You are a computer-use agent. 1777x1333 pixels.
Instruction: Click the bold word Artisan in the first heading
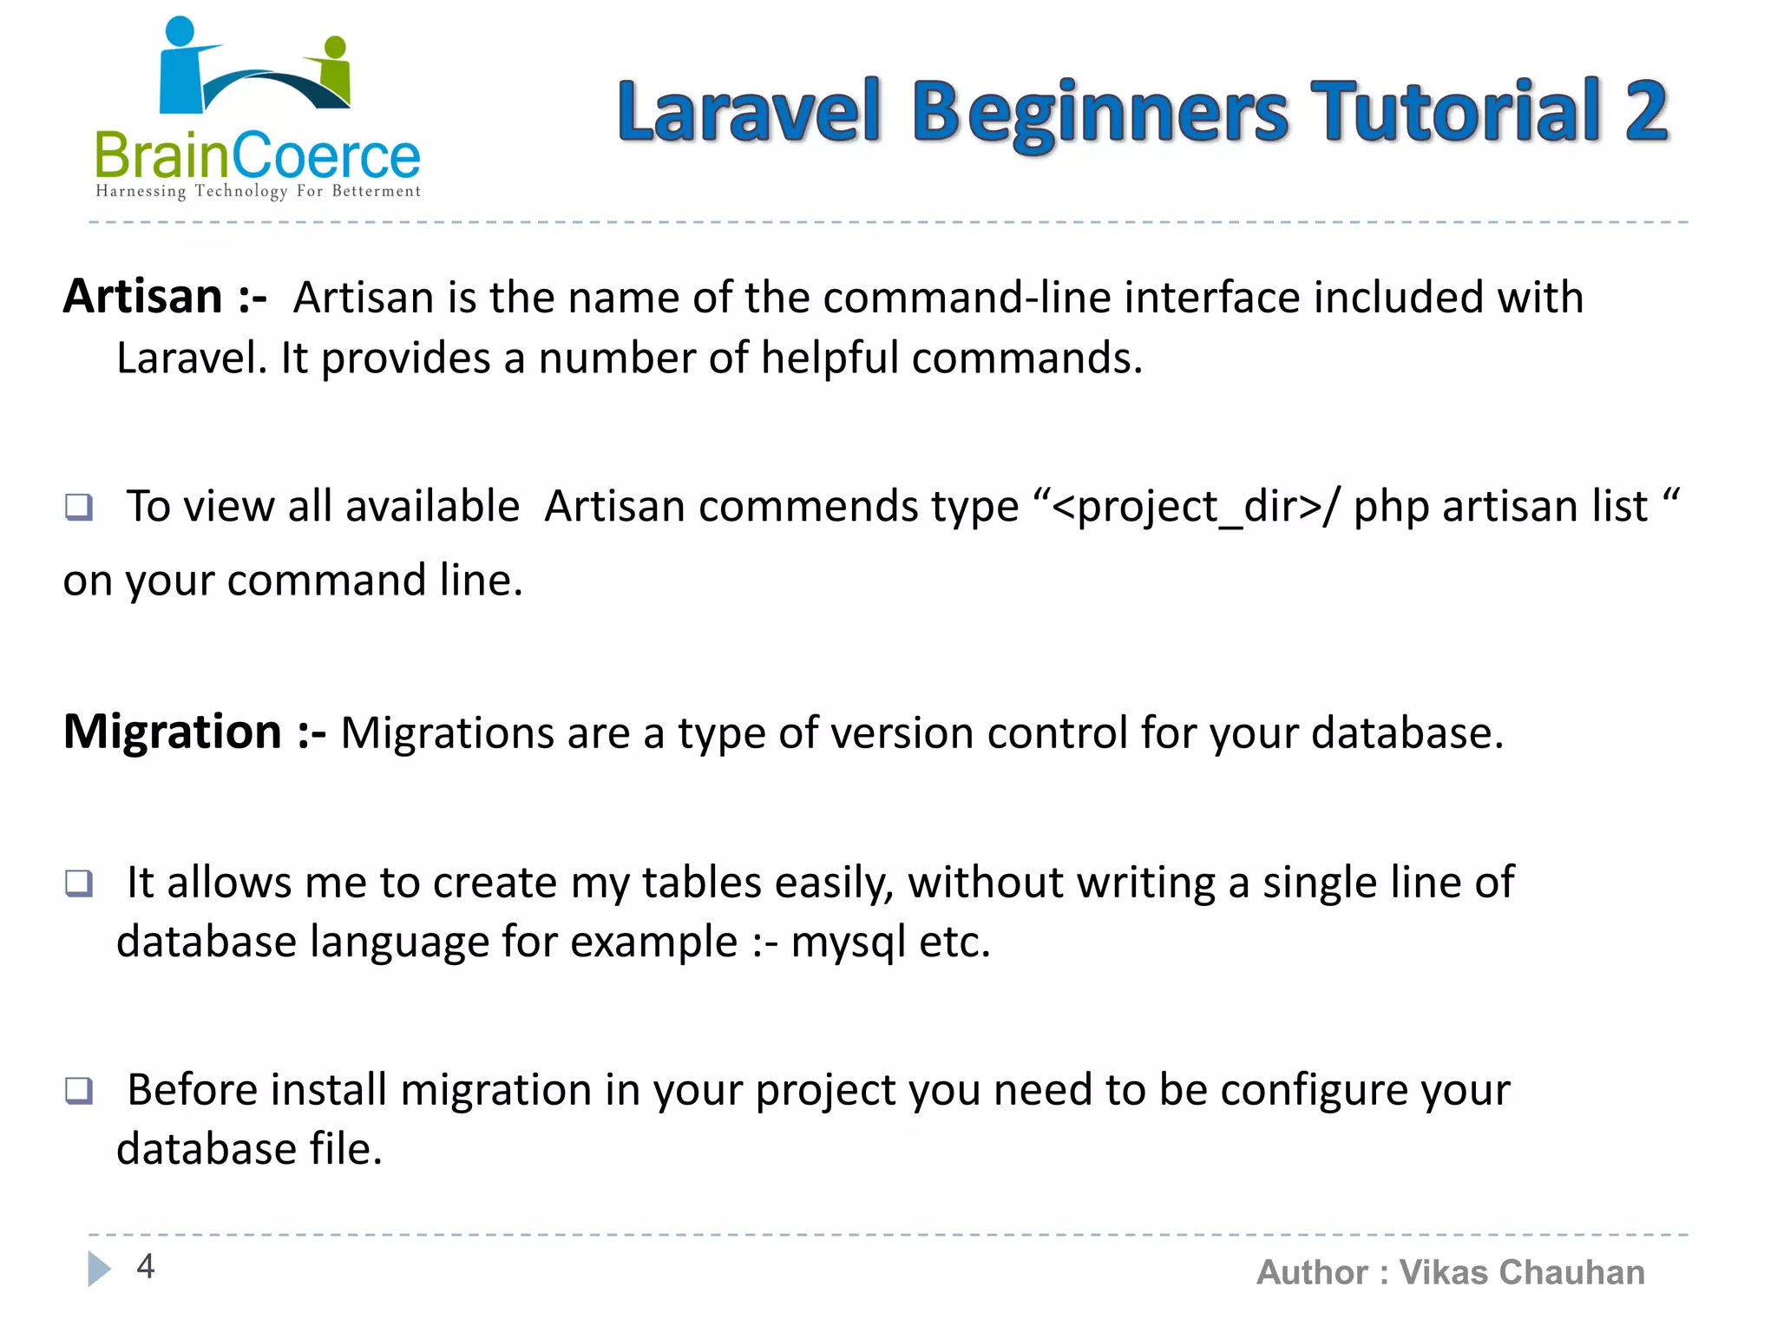pyautogui.click(x=143, y=297)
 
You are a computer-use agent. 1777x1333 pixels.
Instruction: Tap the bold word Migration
pyautogui.click(x=173, y=732)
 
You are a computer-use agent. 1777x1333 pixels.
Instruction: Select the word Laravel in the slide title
pyautogui.click(x=749, y=111)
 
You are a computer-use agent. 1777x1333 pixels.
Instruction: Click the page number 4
pyautogui.click(x=146, y=1266)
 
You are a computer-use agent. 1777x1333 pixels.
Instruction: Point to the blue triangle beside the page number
pyautogui.click(x=99, y=1269)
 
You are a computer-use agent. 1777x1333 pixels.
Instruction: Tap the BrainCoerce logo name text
pyautogui.click(x=257, y=157)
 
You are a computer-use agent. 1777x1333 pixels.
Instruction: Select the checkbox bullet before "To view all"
pyautogui.click(x=79, y=506)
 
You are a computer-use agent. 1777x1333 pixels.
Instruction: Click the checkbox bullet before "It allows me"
pyautogui.click(x=79, y=883)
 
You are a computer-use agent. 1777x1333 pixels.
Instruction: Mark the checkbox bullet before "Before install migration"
pyautogui.click(x=79, y=1090)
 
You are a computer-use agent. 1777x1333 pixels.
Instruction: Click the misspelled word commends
pyautogui.click(x=858, y=507)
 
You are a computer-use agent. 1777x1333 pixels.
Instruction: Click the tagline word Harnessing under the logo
pyautogui.click(x=141, y=191)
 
